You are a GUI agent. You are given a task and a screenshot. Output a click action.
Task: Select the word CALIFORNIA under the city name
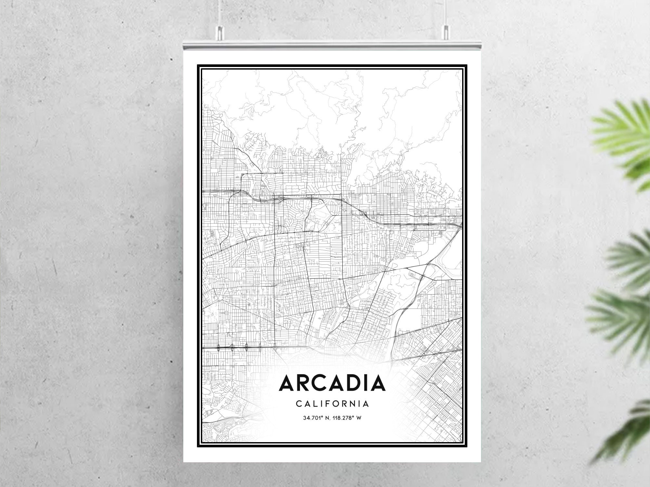332,404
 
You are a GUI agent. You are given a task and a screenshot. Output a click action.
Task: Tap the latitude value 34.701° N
315,418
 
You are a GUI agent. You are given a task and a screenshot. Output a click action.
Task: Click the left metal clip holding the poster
220,32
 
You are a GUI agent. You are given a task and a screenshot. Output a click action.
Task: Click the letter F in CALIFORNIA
327,404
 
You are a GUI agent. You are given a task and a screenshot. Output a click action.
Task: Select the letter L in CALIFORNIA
314,404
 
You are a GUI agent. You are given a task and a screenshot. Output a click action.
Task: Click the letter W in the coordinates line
359,418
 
